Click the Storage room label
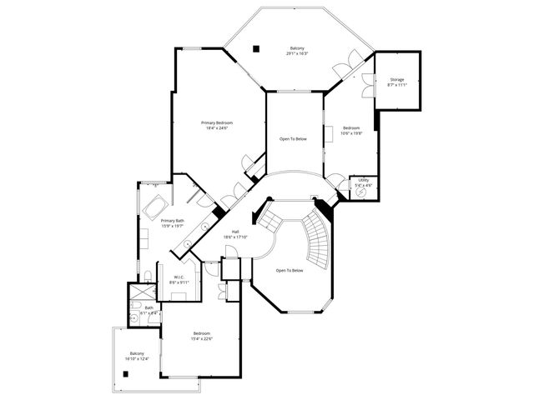(x=397, y=80)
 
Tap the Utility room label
(x=364, y=179)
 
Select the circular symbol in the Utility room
(x=361, y=191)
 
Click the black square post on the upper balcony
(x=258, y=47)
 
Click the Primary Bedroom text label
(x=217, y=122)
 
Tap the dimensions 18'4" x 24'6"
(x=217, y=128)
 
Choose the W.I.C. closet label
(x=179, y=277)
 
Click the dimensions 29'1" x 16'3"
(x=297, y=53)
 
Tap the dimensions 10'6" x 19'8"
(x=351, y=132)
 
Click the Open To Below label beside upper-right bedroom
(x=293, y=138)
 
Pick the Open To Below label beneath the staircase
(x=290, y=270)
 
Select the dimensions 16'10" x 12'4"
(x=136, y=358)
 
